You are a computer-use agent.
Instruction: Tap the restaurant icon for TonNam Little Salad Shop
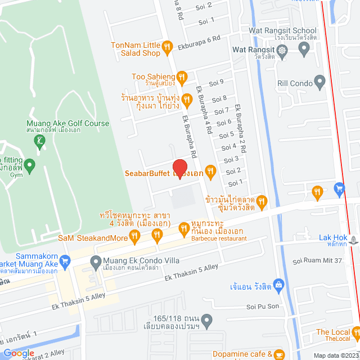tap(166, 47)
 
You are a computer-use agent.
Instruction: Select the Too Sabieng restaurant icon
tap(182, 76)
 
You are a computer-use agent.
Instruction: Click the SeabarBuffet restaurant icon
tap(210, 170)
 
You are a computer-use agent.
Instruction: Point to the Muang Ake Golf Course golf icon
tap(39, 140)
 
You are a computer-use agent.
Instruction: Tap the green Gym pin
tap(30, 165)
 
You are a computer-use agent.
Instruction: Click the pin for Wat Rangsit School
tap(305, 49)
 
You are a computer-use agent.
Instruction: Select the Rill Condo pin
tap(320, 83)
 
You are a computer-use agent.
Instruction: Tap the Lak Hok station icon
tap(353, 238)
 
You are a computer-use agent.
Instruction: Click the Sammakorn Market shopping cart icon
tap(65, 261)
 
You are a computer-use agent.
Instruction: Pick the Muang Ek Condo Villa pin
tap(95, 261)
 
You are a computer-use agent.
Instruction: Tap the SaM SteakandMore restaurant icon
tap(135, 238)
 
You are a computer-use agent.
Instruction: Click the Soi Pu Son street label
tap(263, 307)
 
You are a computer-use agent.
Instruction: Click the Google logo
tap(19, 353)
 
